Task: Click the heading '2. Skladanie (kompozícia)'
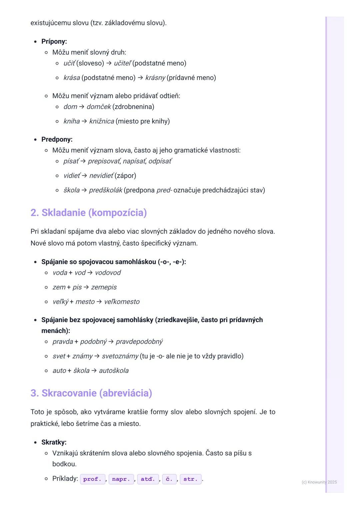pyautogui.click(x=89, y=213)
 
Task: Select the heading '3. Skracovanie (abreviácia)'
pyautogui.click(x=91, y=393)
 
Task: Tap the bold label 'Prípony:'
pyautogui.click(x=54, y=41)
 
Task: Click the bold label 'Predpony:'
pyautogui.click(x=57, y=139)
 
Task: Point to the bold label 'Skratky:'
pyautogui.click(x=54, y=442)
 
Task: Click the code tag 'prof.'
pyautogui.click(x=92, y=479)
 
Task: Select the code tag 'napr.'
pyautogui.click(x=121, y=479)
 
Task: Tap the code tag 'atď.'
pyautogui.click(x=148, y=479)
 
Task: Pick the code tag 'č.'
pyautogui.click(x=169, y=479)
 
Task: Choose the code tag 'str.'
pyautogui.click(x=190, y=479)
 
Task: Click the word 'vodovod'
pyautogui.click(x=108, y=272)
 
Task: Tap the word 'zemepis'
pyautogui.click(x=104, y=287)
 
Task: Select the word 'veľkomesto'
pyautogui.click(x=122, y=301)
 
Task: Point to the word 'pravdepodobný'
pyautogui.click(x=139, y=341)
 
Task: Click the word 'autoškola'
pyautogui.click(x=114, y=370)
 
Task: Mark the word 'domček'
pyautogui.click(x=98, y=107)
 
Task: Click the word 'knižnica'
pyautogui.click(x=101, y=121)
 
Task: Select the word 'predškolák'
pyautogui.click(x=105, y=190)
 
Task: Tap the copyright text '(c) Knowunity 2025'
pyautogui.click(x=319, y=482)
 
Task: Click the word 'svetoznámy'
pyautogui.click(x=120, y=356)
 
